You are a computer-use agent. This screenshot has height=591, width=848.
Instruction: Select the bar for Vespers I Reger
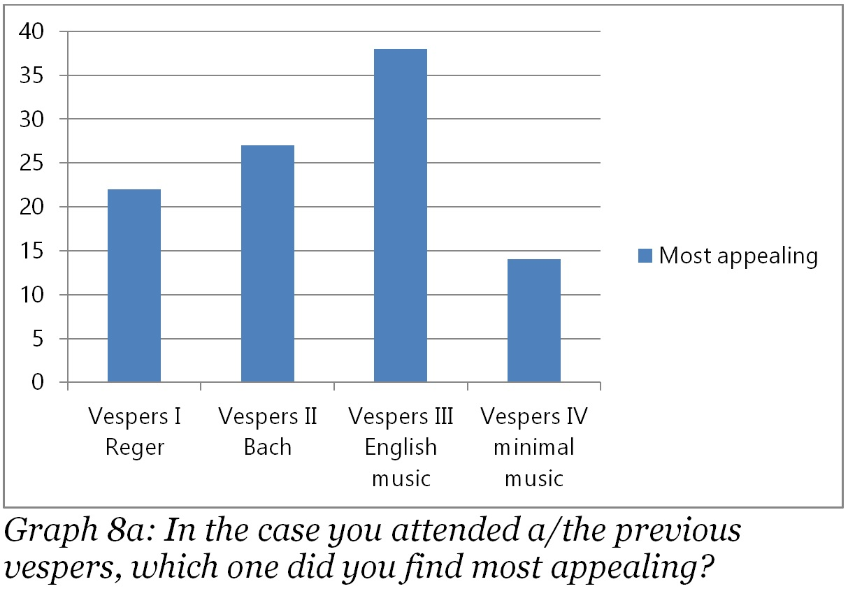(x=134, y=286)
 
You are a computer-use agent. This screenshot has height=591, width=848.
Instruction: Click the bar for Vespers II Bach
(x=268, y=264)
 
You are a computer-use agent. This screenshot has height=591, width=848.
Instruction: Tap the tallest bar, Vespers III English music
(x=401, y=216)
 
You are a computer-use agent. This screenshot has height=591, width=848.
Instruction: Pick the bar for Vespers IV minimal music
(x=534, y=321)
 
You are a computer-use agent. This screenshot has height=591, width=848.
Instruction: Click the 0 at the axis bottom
(x=38, y=383)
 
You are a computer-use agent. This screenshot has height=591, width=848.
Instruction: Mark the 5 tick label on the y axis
(x=38, y=339)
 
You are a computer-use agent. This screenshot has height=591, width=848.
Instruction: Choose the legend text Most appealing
(x=738, y=256)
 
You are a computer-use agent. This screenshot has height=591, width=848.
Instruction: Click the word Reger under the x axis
(x=135, y=447)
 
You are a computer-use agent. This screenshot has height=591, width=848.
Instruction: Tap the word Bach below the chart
(x=268, y=447)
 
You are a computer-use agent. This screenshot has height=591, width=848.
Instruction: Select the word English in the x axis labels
(x=401, y=447)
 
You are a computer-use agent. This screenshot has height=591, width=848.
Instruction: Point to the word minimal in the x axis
(x=534, y=447)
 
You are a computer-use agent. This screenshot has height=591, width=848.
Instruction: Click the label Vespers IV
(x=534, y=416)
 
